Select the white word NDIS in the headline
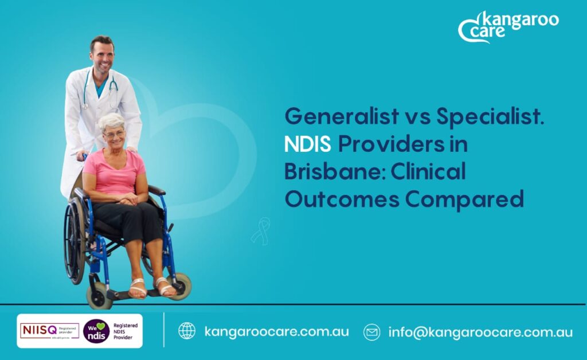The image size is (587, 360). [308, 144]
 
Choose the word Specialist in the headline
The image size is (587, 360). [490, 116]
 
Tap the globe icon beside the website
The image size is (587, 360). [187, 331]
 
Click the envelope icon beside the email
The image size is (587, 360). [371, 332]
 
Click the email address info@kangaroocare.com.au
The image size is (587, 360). [480, 332]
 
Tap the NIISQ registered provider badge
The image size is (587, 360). [50, 330]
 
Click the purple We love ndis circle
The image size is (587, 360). [96, 331]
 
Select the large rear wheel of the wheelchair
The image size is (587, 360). [74, 240]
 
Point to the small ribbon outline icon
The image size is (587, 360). [261, 230]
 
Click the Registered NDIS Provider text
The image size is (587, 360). [126, 331]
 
